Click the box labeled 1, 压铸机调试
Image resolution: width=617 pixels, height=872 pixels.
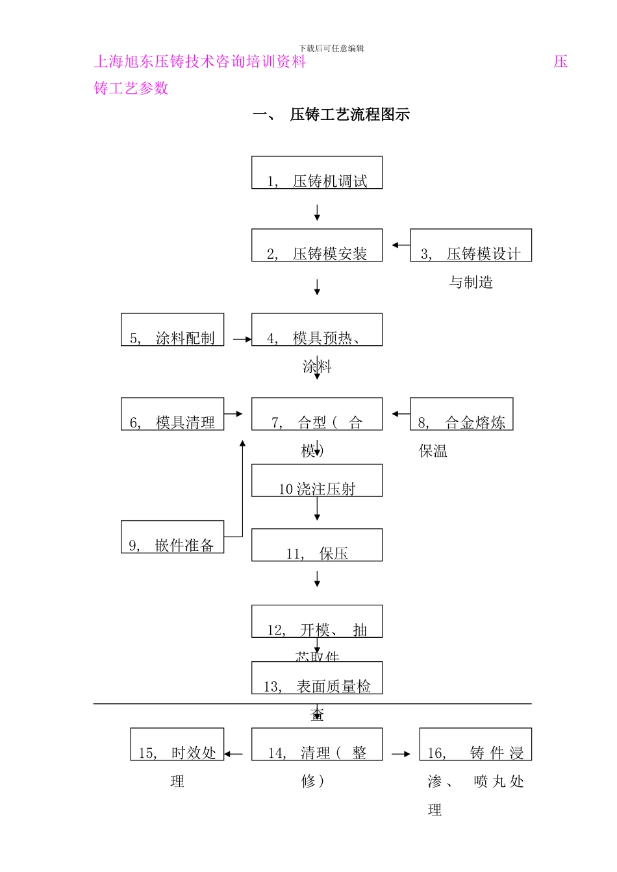[317, 173]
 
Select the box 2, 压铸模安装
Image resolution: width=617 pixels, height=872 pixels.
[317, 246]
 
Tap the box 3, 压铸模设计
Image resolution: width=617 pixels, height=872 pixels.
[471, 246]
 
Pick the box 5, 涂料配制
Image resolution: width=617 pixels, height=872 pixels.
[172, 330]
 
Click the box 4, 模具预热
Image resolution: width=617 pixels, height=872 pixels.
[317, 330]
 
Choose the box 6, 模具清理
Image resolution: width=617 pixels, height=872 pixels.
[172, 415]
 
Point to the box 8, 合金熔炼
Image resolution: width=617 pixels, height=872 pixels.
[461, 415]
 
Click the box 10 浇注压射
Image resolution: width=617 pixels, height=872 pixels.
[317, 481]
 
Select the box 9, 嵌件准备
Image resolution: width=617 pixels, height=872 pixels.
[172, 537]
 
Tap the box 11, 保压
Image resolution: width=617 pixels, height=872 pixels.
[317, 546]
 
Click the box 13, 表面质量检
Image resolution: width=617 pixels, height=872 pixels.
[317, 679]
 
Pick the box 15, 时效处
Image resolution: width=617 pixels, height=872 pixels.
[177, 745]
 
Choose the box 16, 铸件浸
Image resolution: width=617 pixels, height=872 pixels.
[475, 745]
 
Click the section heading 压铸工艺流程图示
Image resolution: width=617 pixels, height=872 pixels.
[349, 115]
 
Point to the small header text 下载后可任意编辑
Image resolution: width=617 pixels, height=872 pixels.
[331, 49]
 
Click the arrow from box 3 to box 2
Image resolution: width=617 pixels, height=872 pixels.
[400, 245]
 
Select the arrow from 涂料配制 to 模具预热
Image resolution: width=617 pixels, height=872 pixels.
[242, 339]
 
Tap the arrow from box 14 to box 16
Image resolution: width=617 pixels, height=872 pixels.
[401, 754]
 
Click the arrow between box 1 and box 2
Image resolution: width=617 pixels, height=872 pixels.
[317, 213]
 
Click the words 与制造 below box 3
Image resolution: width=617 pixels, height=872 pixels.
[471, 282]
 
